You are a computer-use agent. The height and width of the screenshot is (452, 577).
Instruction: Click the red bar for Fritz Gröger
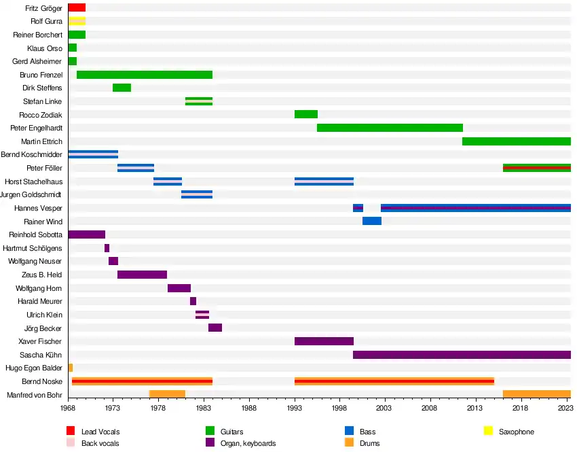tap(77, 7)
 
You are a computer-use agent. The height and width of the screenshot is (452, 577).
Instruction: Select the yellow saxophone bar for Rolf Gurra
tap(77, 21)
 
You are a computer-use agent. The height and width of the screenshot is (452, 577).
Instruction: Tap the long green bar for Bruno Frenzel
tap(145, 75)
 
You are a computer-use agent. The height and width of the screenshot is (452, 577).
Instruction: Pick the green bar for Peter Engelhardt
tap(390, 128)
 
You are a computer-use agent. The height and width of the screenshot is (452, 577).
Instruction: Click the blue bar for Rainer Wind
tap(372, 222)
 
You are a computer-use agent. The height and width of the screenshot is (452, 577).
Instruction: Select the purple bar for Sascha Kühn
tap(462, 355)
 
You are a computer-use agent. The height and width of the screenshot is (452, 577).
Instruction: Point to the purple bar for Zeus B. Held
tap(142, 275)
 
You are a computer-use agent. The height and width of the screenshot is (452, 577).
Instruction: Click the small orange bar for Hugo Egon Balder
tap(71, 368)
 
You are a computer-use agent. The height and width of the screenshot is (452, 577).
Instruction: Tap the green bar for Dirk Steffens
tap(122, 88)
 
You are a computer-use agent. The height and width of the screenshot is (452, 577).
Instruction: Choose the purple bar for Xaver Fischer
tap(324, 341)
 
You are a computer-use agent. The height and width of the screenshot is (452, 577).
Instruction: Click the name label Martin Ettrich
tap(42, 141)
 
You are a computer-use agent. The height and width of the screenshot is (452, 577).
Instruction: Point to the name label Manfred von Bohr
tap(35, 395)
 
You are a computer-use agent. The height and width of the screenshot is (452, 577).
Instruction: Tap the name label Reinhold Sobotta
tap(36, 234)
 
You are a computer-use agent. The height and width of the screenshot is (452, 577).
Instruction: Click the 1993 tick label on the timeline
tap(295, 408)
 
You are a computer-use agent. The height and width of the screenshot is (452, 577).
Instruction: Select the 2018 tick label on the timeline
tap(521, 408)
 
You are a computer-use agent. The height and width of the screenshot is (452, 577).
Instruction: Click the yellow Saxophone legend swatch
tap(487, 431)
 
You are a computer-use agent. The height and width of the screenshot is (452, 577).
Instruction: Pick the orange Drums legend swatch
tap(350, 443)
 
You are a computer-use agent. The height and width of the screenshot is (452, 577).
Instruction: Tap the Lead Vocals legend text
tap(100, 432)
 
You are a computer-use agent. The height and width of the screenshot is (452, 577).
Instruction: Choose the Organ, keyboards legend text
tap(249, 444)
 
